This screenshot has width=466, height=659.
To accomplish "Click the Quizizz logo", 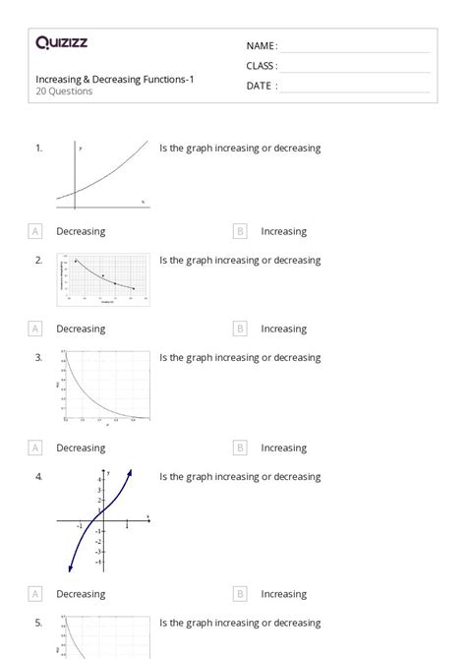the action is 61,42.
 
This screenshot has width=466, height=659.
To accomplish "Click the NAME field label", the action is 262,46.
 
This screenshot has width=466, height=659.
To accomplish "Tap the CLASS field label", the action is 262,66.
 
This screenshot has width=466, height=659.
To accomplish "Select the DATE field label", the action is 261,86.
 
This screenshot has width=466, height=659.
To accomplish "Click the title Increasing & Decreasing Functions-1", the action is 115,79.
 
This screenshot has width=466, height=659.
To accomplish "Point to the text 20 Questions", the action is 64,91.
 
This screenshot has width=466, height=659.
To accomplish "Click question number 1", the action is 38,149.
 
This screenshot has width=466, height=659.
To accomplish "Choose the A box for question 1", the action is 35,231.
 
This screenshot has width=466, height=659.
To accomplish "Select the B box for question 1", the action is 240,231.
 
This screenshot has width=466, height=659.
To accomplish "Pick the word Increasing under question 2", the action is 283,329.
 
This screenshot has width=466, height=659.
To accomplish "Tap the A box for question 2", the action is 35,329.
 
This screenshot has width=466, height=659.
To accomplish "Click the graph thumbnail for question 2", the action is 103,279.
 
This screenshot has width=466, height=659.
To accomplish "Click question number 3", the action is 38,358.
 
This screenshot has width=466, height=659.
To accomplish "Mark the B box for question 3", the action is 240,448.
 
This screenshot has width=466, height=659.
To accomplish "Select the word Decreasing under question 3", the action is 81,448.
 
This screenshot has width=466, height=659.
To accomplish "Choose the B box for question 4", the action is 240,594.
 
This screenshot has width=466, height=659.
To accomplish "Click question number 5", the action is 38,623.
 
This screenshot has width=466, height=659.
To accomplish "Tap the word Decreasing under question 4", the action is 81,594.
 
